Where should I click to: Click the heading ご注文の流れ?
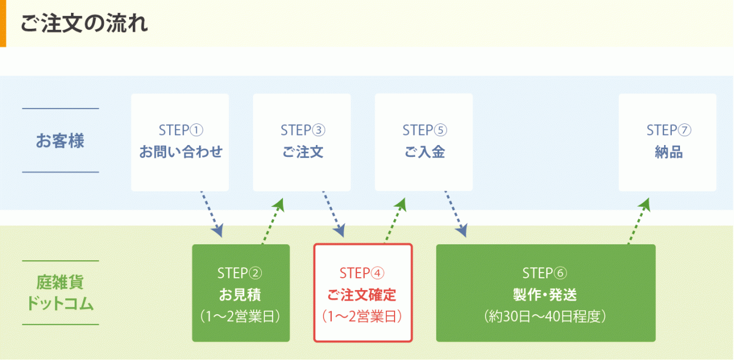pos(84,23)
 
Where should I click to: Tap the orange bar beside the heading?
pos(3,23)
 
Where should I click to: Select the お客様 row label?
pos(60,141)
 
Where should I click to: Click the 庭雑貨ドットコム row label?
pos(60,293)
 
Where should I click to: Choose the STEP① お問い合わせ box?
pos(180,142)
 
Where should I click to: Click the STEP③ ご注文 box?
pos(302,142)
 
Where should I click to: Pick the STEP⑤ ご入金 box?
pos(424,142)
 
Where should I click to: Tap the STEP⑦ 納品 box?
pos(668,142)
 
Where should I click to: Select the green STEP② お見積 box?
pos(241,293)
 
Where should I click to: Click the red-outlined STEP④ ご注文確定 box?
pos(363,293)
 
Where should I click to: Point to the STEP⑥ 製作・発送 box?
pos(546,293)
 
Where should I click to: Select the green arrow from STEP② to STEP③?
pos(272,221)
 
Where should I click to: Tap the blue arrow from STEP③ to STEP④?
pos(334,214)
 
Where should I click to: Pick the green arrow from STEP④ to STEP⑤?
pos(395,221)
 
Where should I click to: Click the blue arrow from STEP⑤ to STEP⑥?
pos(456,214)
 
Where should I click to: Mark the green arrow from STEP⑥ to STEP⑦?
pos(639,221)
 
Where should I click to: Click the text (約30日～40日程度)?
pos(545,317)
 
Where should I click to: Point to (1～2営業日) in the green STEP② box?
pos(240,317)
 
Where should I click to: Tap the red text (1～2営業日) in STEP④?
pos(362,317)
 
